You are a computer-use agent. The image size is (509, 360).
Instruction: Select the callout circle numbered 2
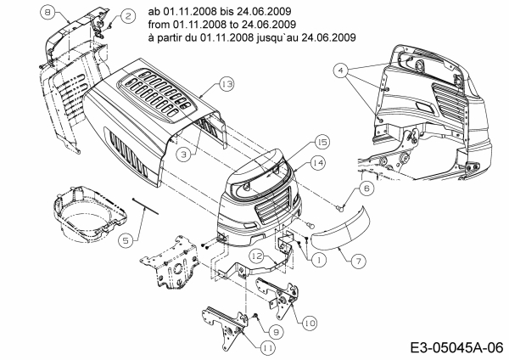point(126,15)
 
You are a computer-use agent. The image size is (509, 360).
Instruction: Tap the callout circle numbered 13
point(226,84)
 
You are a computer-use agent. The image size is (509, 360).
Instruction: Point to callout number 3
point(182,154)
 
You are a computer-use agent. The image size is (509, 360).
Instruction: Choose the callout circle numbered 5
point(126,240)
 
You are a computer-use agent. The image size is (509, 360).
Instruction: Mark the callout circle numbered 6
point(365,188)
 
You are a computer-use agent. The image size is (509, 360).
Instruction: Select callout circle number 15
point(322,141)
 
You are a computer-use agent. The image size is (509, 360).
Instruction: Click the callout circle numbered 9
point(277,331)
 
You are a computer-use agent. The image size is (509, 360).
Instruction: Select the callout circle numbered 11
point(268,346)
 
